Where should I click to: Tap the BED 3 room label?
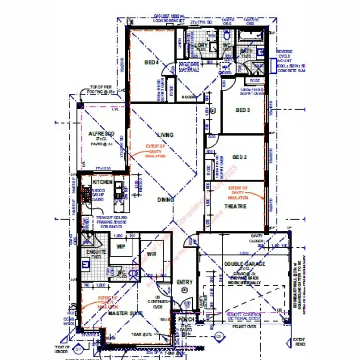242,110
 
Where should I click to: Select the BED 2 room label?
240,157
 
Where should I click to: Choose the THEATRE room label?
236,206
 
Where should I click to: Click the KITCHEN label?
103,182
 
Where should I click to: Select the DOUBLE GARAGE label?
245,264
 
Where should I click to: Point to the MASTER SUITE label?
125,313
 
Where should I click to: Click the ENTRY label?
185,282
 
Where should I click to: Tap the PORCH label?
185,319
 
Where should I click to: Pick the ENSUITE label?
96,252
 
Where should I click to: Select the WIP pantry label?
121,246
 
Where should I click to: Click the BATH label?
246,51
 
